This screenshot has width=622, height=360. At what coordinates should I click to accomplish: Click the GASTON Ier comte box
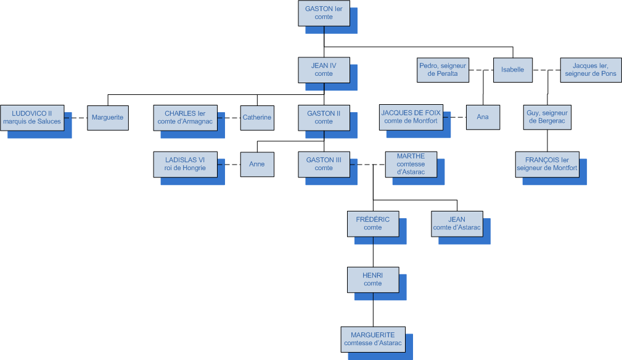(x=324, y=13)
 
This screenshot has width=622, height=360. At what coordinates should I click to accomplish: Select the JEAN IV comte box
(x=324, y=70)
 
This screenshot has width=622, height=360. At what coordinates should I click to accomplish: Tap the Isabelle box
(x=512, y=70)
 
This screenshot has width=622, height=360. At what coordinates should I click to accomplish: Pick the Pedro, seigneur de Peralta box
(x=443, y=70)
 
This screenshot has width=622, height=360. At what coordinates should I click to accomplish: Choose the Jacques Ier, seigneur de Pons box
(x=590, y=70)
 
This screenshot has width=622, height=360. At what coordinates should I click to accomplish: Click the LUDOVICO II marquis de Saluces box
(x=32, y=117)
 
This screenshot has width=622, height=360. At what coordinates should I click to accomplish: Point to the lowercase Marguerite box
(x=107, y=117)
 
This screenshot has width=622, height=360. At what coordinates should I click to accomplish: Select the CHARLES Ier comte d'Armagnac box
(x=185, y=117)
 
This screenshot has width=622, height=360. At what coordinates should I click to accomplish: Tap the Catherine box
(x=257, y=117)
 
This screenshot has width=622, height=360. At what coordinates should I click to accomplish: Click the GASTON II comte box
(x=324, y=117)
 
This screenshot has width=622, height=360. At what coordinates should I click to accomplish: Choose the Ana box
(x=483, y=117)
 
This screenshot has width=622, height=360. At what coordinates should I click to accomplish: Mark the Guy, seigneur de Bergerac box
(x=547, y=117)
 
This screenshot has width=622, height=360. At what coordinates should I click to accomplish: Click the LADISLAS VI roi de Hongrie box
(x=185, y=164)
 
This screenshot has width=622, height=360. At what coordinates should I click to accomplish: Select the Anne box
(x=257, y=164)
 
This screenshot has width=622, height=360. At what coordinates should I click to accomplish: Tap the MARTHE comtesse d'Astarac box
(x=411, y=164)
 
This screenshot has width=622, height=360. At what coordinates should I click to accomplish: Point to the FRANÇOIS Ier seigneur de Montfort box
(x=547, y=164)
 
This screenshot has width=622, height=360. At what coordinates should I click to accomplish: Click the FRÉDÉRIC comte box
(x=373, y=223)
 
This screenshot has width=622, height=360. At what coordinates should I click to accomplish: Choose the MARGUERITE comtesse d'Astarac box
(x=373, y=339)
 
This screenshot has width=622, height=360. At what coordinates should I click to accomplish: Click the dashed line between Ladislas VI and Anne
(x=229, y=164)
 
